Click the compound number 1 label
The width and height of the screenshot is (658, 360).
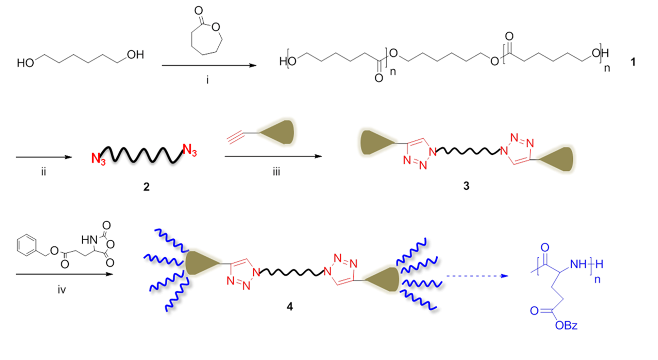[x=633, y=62]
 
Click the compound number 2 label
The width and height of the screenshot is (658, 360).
[x=146, y=187]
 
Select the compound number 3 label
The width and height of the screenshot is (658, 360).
[x=466, y=186]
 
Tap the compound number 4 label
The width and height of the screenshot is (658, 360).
[x=289, y=307]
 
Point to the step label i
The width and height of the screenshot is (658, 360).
[x=207, y=80]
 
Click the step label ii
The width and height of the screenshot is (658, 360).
[x=43, y=172]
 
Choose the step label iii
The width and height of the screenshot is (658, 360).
[x=276, y=172]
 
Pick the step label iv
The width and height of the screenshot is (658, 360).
[x=62, y=290]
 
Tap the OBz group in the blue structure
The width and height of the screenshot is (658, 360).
[x=566, y=326]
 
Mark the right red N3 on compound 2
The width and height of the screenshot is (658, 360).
[x=189, y=150]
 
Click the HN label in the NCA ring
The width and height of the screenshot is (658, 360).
[x=89, y=240]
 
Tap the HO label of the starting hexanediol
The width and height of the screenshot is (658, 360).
[x=26, y=63]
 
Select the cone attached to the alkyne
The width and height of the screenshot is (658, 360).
[x=279, y=132]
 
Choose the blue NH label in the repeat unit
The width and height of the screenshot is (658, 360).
[x=578, y=264]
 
